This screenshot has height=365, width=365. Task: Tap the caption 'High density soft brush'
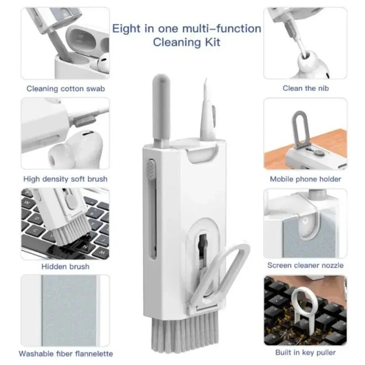point(65,179)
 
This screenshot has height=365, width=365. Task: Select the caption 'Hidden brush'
point(65,266)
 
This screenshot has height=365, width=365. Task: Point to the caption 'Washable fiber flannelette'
point(66,353)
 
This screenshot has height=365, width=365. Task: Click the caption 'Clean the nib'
point(305,88)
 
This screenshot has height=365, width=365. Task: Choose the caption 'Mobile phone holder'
point(305,179)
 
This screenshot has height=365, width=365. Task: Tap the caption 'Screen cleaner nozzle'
point(305,265)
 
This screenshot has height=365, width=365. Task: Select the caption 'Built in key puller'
point(305,352)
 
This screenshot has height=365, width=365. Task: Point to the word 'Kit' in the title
point(211,43)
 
